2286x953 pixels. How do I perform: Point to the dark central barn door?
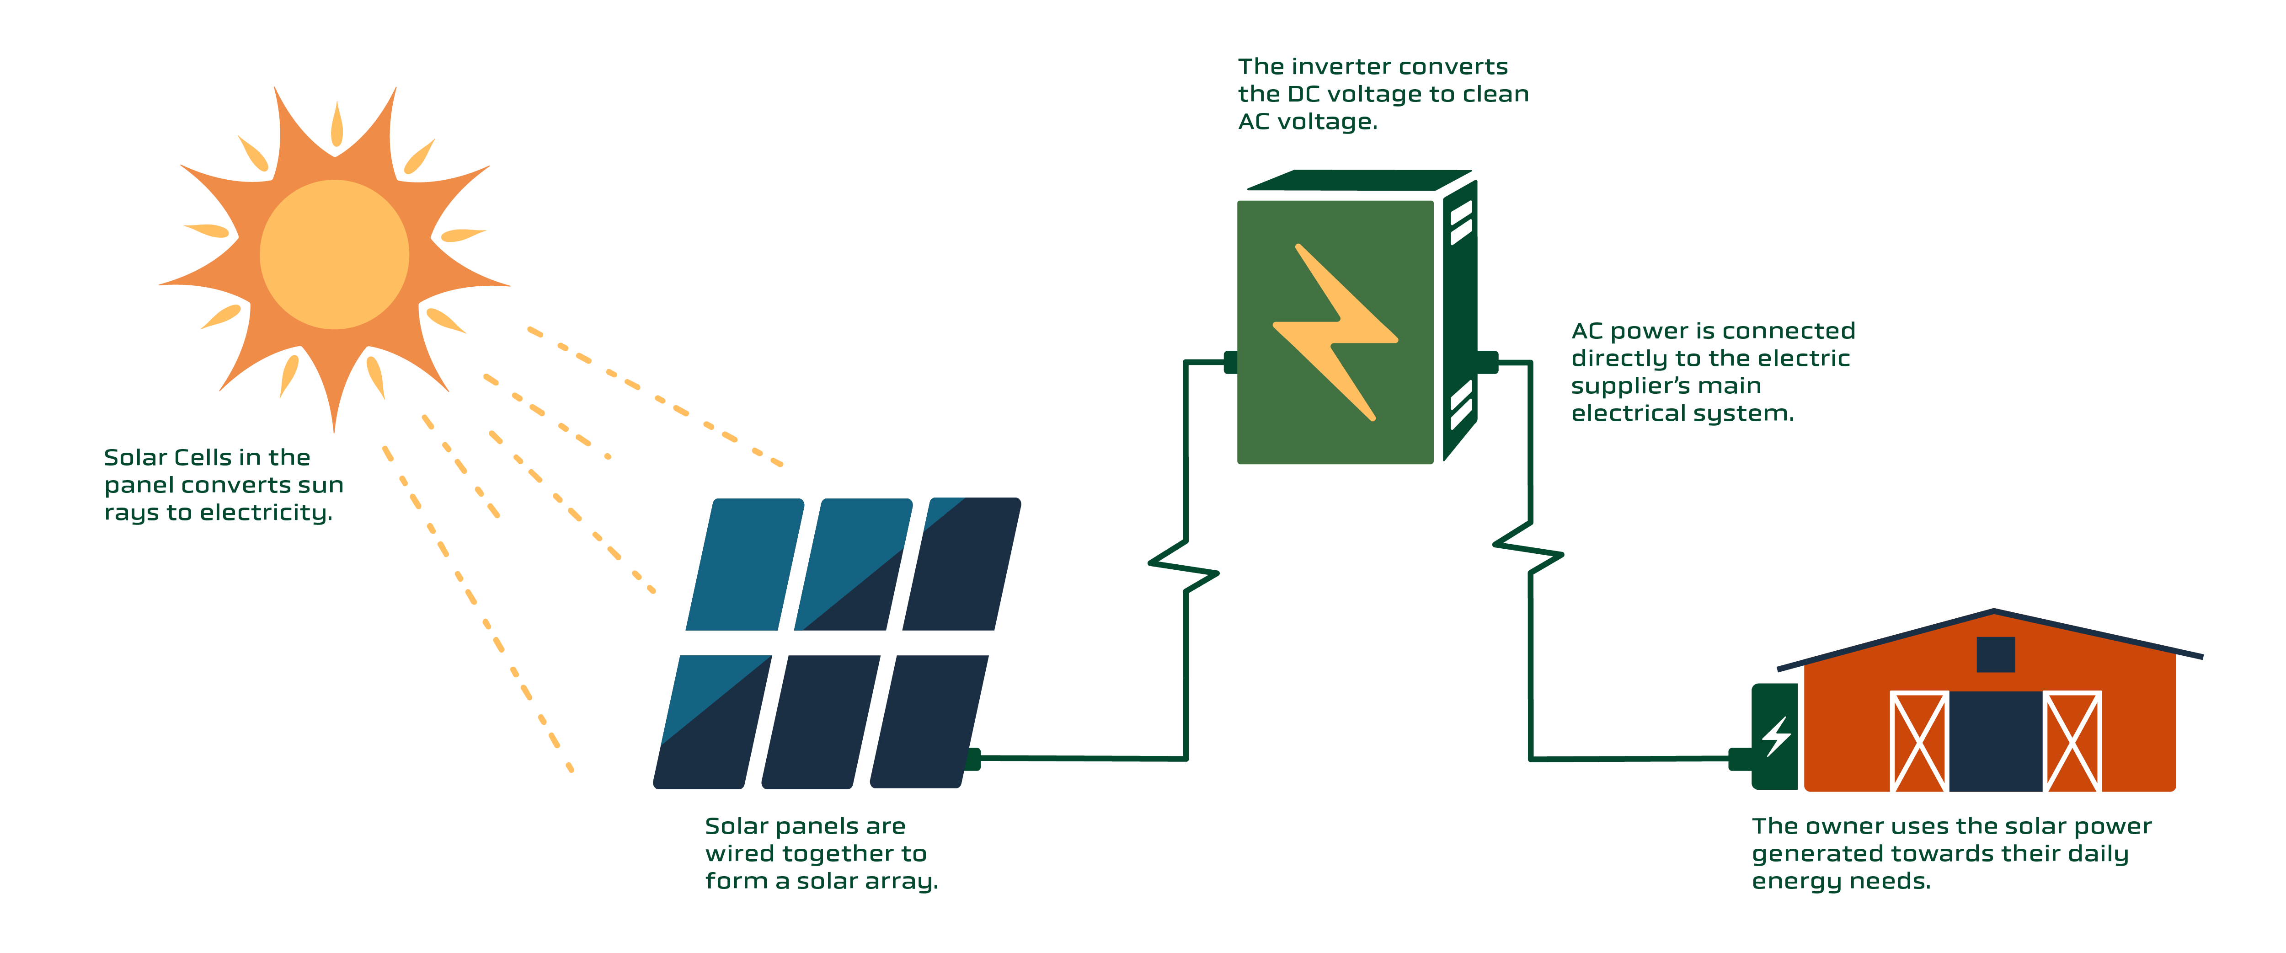tap(1996, 741)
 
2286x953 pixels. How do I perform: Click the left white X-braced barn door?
tap(1918, 741)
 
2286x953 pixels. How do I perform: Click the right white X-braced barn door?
tap(2072, 741)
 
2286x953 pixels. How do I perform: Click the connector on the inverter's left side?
tap(1231, 362)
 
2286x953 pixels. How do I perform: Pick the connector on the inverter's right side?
tap(1487, 362)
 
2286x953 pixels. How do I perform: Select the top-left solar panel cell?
tap(745, 564)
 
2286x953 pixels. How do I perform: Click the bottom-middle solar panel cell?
tap(821, 722)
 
